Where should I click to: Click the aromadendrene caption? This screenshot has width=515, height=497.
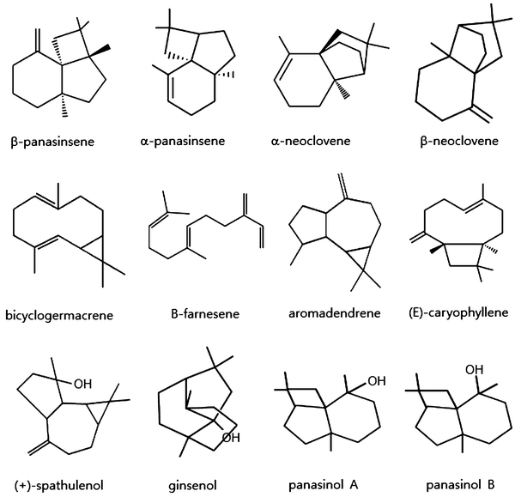[327, 314]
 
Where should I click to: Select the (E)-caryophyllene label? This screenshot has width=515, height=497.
[452, 314]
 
